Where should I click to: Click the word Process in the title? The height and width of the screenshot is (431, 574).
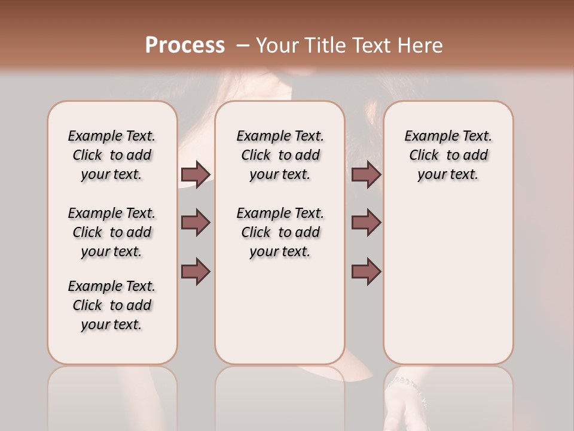click(x=185, y=45)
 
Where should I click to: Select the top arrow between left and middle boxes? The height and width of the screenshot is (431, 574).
click(x=196, y=174)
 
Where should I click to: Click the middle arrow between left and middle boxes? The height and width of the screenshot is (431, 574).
click(x=196, y=223)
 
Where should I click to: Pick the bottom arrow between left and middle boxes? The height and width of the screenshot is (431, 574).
click(x=196, y=271)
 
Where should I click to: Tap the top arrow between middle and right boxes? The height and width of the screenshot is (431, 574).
click(x=366, y=174)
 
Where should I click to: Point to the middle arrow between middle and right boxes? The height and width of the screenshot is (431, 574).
click(x=366, y=223)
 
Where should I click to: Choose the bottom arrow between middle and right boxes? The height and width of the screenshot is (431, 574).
click(x=366, y=271)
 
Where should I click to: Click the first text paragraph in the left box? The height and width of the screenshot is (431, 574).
click(x=112, y=155)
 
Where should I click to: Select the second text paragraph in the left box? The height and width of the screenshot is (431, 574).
click(x=112, y=232)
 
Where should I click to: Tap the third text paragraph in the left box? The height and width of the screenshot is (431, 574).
click(x=112, y=305)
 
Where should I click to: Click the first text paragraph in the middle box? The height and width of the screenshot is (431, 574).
click(x=280, y=155)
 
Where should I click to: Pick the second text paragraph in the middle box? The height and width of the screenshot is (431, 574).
click(x=280, y=232)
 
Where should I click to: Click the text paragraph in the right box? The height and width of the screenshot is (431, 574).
click(x=448, y=155)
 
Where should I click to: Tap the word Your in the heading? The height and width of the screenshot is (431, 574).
click(x=276, y=45)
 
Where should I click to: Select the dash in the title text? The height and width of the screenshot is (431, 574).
click(x=243, y=45)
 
